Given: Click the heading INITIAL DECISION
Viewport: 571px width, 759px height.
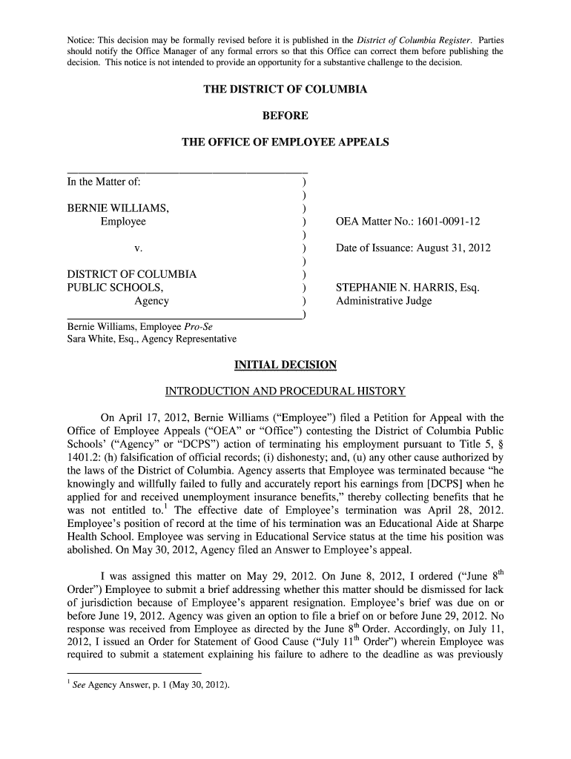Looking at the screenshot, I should pos(285,365).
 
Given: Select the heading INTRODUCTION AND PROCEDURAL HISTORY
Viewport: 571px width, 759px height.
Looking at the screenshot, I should pos(285,391).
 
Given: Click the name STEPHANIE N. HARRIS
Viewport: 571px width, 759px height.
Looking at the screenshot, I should pos(397,288).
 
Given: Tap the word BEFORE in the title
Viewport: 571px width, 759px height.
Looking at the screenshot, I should pos(285,116).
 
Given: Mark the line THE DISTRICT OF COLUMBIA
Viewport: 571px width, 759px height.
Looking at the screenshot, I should pos(285,90).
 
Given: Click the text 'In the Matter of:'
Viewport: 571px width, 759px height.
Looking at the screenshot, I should pos(104,182).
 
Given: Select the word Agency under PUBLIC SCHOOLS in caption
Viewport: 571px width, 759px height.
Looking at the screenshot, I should pos(151,301).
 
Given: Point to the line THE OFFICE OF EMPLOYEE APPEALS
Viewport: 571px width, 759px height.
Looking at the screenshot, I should pos(285,142).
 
